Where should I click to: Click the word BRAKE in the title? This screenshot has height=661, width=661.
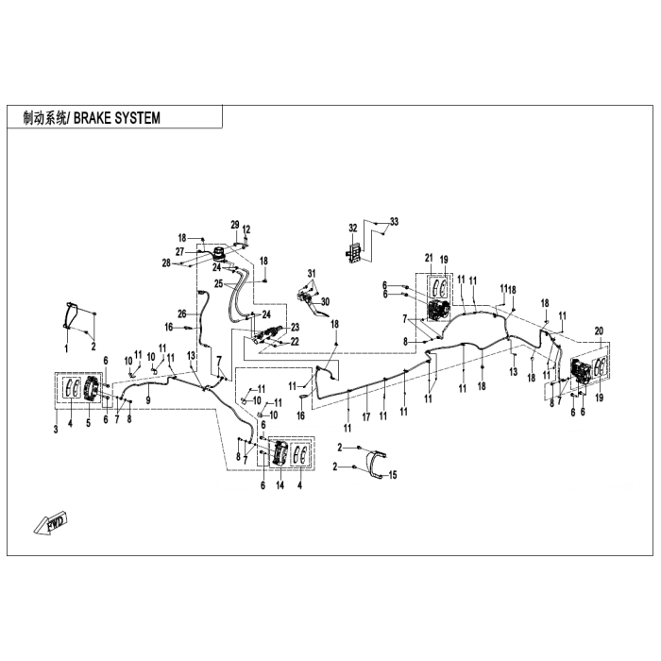coord(92,118)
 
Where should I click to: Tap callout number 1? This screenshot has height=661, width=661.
coord(66,348)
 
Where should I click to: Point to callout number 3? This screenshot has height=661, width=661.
coord(56,430)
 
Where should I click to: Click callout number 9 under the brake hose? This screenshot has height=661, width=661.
coord(148,399)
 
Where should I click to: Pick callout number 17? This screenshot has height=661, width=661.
coord(366,417)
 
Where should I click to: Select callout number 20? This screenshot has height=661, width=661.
coord(599,331)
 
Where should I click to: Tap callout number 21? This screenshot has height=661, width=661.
coord(429,258)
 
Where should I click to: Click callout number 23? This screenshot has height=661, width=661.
coord(295,327)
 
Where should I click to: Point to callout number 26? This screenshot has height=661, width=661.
coord(182,314)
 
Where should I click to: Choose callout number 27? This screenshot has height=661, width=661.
coord(180,252)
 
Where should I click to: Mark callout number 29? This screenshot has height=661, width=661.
coord(235,225)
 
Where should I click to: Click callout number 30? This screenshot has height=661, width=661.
coord(325,302)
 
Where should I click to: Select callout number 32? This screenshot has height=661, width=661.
coord(353,229)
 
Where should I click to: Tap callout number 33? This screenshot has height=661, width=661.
coord(394,222)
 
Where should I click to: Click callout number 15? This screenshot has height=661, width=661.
coord(393,475)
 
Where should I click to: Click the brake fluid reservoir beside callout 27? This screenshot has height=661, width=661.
coord(219,254)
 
